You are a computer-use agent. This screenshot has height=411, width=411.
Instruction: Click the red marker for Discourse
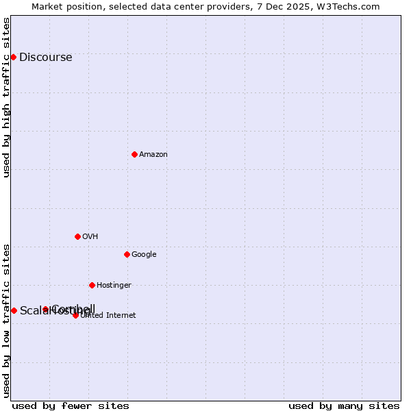pos(13,57)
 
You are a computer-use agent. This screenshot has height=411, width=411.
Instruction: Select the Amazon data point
pos(134,154)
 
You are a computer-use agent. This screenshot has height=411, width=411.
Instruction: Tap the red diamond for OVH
pos(77,236)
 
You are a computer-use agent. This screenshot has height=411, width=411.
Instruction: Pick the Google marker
pos(127,254)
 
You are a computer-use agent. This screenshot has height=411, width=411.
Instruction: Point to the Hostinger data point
pos(92,285)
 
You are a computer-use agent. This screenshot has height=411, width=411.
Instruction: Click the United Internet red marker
pos(75,315)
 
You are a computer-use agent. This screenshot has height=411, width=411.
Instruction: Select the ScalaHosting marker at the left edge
pos(14,310)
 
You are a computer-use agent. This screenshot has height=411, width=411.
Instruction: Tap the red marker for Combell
pos(46,309)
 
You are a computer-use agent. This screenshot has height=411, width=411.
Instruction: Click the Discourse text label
pos(45,58)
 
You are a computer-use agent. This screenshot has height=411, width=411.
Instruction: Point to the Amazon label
pos(153,155)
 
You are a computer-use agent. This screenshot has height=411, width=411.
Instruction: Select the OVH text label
pos(90,237)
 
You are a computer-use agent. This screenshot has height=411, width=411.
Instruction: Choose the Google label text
pos(144,255)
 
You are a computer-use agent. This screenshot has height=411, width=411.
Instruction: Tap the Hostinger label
pos(114,286)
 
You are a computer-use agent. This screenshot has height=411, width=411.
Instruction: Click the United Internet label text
pos(108,316)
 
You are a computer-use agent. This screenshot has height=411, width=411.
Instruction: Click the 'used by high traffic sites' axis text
pos(7,97)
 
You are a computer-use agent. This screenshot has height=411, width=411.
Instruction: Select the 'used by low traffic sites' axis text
pos(7,320)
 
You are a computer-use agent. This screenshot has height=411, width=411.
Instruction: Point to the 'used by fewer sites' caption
pos(71,406)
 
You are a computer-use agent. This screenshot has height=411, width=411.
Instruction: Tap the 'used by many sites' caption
pos(344,406)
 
